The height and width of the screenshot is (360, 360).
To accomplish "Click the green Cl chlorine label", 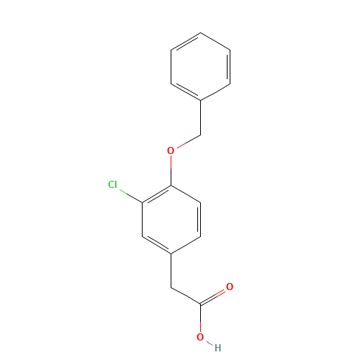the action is pyautogui.click(x=112, y=184).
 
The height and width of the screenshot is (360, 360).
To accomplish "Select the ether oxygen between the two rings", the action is pyautogui.click(x=171, y=150).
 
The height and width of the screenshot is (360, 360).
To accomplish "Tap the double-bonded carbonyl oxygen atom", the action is pyautogui.click(x=230, y=287).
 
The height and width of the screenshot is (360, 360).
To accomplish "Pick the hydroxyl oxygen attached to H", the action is pyautogui.click(x=200, y=337).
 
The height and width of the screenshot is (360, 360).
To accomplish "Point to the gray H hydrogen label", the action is pyautogui.click(x=217, y=348).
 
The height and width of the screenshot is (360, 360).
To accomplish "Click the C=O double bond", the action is pyautogui.click(x=213, y=297).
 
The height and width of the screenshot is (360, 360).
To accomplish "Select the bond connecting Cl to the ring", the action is pyautogui.click(x=131, y=197).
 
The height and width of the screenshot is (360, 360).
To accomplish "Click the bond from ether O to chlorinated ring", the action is pyautogui.click(x=171, y=171).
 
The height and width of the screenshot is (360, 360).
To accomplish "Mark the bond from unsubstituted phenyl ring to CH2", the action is pyautogui.click(x=201, y=118).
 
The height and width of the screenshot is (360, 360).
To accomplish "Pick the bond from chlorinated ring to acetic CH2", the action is pyautogui.click(x=171, y=271).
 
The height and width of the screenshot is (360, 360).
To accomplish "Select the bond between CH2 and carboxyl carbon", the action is pyautogui.click(x=186, y=296).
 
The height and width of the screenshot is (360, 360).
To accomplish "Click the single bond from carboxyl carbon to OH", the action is pyautogui.click(x=200, y=318).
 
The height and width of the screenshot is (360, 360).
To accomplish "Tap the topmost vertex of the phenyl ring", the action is pyautogui.click(x=201, y=32).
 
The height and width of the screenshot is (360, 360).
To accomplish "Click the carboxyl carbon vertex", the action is pyautogui.click(x=200, y=305).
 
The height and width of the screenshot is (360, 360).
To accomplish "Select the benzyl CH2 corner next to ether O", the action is pyautogui.click(x=201, y=135).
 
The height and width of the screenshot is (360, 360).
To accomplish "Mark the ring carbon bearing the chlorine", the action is pyautogui.click(x=142, y=203).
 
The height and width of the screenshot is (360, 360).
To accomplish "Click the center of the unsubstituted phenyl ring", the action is pyautogui.click(x=201, y=67).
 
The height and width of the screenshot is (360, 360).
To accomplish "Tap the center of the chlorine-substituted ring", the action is pyautogui.click(x=171, y=220).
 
